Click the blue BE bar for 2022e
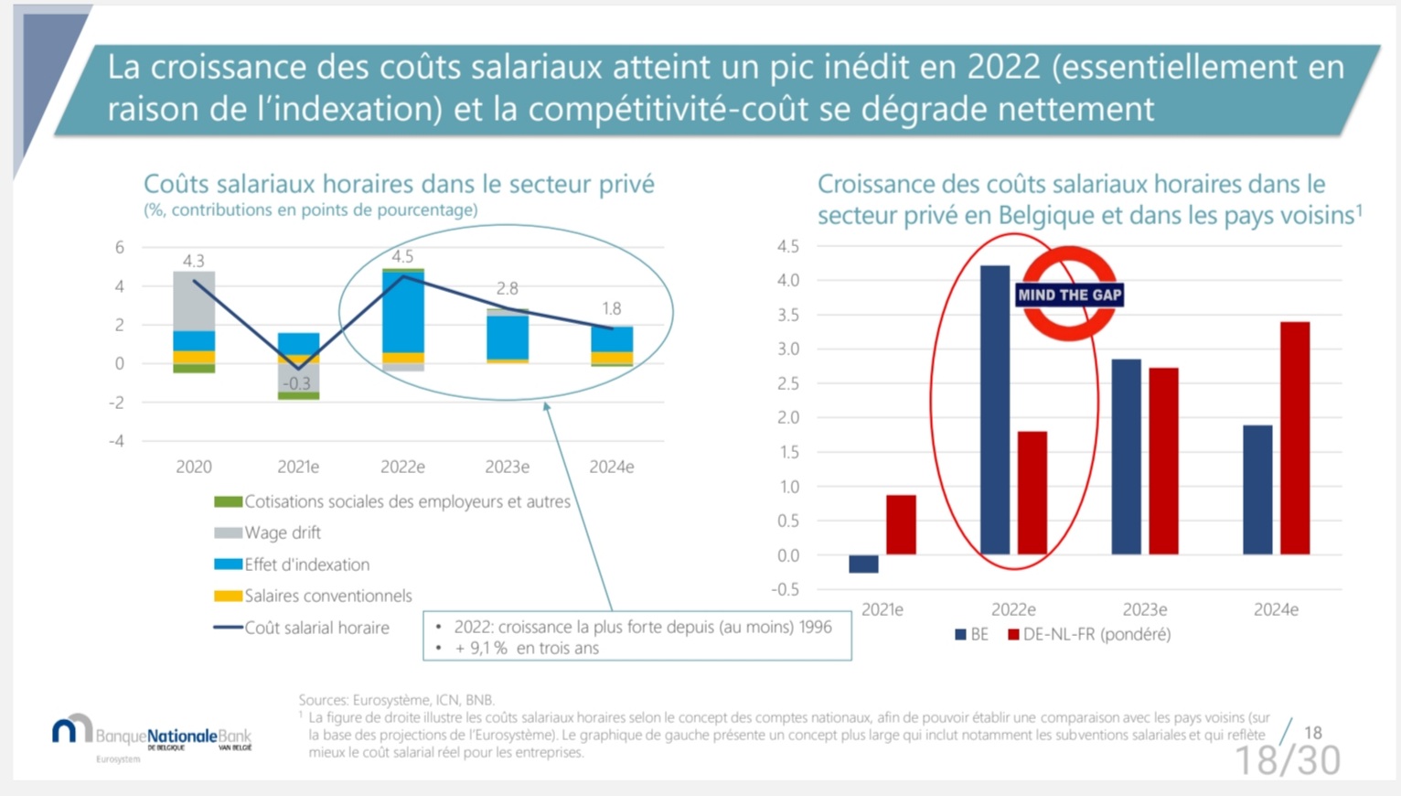click(995, 410)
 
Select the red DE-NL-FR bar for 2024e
click(1295, 438)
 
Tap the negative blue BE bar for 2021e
click(863, 564)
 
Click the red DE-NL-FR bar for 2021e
click(901, 525)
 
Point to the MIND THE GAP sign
click(1069, 295)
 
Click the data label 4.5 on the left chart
click(402, 257)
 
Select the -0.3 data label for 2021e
click(296, 383)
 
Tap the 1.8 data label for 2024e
click(611, 309)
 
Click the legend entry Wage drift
click(282, 532)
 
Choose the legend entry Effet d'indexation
click(306, 565)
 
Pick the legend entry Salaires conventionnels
click(327, 596)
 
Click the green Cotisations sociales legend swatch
click(228, 501)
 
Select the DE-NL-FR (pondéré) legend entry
click(1096, 634)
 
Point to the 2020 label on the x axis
click(194, 467)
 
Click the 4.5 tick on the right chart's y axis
click(787, 246)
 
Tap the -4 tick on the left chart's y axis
click(117, 441)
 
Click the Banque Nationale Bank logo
click(152, 735)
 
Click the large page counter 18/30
click(1287, 760)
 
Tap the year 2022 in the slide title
click(1003, 67)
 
